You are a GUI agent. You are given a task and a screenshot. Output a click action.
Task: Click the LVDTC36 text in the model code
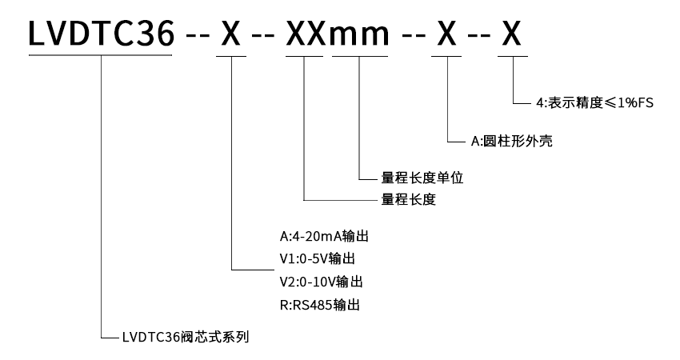click(101, 34)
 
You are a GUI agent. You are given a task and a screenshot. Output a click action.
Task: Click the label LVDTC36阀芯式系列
click(186, 337)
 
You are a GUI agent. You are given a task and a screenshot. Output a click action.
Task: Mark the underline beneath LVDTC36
click(101, 55)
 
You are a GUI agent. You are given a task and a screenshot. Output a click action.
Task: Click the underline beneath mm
click(360, 55)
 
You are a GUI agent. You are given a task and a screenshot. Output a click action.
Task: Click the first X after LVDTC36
click(230, 34)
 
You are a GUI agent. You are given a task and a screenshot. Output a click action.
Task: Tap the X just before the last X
click(446, 34)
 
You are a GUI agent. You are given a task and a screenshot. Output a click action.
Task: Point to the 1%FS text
click(632, 102)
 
